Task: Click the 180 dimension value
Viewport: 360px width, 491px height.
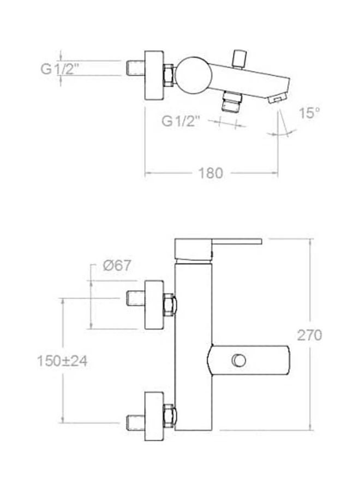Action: pos(211,173)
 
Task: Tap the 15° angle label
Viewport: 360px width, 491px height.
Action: pos(309,114)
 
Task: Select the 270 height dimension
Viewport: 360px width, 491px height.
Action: pos(309,334)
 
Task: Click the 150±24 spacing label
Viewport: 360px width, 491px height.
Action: pos(63,361)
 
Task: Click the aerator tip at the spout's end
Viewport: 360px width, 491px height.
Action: pos(277,98)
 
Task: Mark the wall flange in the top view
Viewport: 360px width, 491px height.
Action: pos(154,76)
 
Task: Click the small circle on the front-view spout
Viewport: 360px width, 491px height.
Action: pos(238,360)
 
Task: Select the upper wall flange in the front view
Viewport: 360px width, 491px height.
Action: pos(154,305)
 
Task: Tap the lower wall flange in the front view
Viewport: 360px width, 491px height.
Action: pos(154,415)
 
